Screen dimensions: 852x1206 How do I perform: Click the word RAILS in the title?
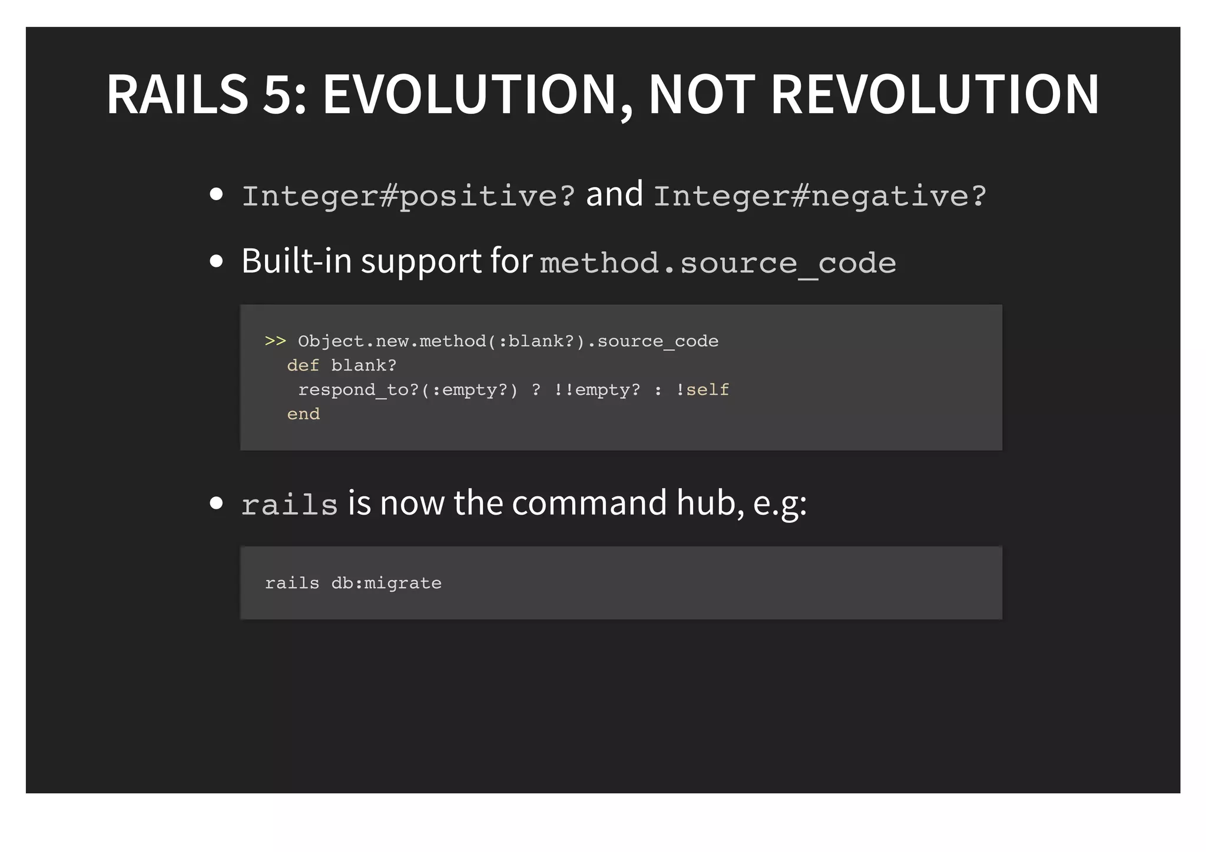coord(177,94)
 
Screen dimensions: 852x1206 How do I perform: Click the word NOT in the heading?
coord(701,94)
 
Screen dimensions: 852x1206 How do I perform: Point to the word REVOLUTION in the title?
coord(935,94)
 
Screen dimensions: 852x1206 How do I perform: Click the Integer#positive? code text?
coord(408,196)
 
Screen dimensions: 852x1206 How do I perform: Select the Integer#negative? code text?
coord(820,196)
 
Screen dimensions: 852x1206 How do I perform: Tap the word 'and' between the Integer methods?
coord(614,194)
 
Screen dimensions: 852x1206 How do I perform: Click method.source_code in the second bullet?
coord(718,263)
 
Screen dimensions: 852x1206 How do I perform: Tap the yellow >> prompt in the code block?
coord(275,341)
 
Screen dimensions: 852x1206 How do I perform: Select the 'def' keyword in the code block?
coord(303,366)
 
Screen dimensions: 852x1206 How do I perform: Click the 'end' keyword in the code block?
coord(303,414)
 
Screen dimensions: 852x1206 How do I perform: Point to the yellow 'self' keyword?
coord(707,390)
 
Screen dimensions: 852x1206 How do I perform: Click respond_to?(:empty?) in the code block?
coord(407,390)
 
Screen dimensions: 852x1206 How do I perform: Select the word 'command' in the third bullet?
coord(589,503)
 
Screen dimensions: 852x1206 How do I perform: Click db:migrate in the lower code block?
coord(386,583)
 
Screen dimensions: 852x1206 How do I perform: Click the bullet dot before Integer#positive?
coord(216,194)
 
